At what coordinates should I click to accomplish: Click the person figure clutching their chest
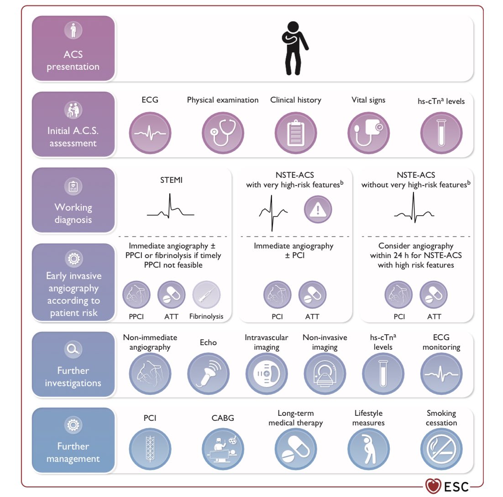[x=294, y=49]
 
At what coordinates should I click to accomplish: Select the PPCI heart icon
[x=136, y=295]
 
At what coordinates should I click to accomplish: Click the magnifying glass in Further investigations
[x=73, y=350]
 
